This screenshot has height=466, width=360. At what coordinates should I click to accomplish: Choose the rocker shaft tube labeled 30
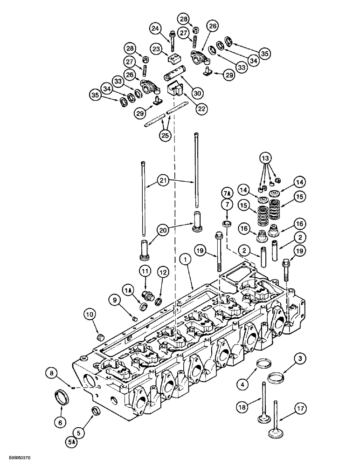click(x=174, y=75)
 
